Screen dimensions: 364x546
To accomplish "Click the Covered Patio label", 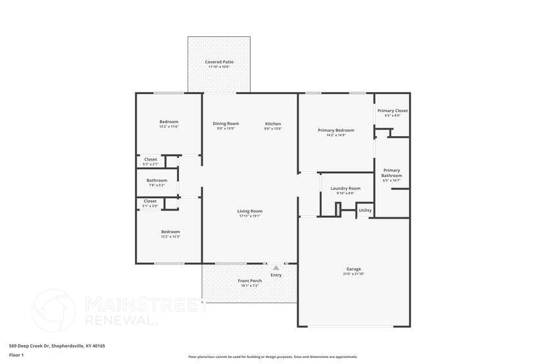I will tap(219, 62).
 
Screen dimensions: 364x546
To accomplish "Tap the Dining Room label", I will tap(226, 124).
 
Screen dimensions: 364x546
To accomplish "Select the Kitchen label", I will tap(273, 124).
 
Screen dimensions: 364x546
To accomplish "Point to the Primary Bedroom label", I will tap(335, 130).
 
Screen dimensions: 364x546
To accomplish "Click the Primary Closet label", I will tap(392, 111).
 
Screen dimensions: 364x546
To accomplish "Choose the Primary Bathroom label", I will tap(391, 172).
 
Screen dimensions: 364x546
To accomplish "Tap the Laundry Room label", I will tap(345, 188).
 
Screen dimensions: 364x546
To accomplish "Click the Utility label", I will tap(365, 211).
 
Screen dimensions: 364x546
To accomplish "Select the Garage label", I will tap(354, 269).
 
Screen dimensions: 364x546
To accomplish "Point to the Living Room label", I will tap(250, 211).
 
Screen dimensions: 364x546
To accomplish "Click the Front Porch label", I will tap(249, 280).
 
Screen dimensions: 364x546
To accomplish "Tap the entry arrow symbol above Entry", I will tap(276, 268).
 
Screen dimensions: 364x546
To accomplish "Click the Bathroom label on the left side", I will tap(157, 180).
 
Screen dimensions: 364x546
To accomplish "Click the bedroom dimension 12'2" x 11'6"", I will tap(169, 126).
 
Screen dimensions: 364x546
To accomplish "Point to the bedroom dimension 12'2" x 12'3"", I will tap(170, 236).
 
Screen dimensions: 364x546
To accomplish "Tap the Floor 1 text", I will tap(16, 355).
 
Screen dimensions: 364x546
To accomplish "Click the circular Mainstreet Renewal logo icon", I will tap(54, 311).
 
